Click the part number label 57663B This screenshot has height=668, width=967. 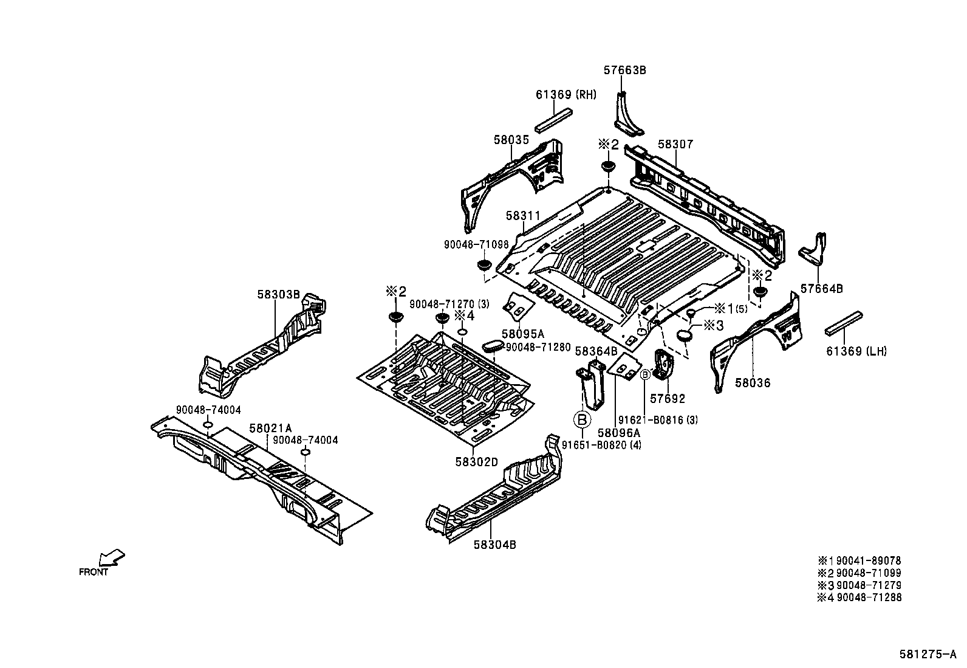(624, 71)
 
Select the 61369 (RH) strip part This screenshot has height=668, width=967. (554, 119)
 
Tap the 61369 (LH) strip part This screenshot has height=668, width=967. (844, 323)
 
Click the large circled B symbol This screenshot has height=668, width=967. (582, 419)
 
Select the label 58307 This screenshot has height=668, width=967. (675, 145)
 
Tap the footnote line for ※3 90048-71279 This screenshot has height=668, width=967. (859, 585)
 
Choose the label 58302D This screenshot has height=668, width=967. (477, 462)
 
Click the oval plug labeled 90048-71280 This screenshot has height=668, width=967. (492, 346)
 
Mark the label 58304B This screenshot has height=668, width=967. (495, 545)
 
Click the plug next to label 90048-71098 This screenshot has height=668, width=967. (483, 266)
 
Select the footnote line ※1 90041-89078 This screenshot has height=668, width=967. (859, 561)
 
